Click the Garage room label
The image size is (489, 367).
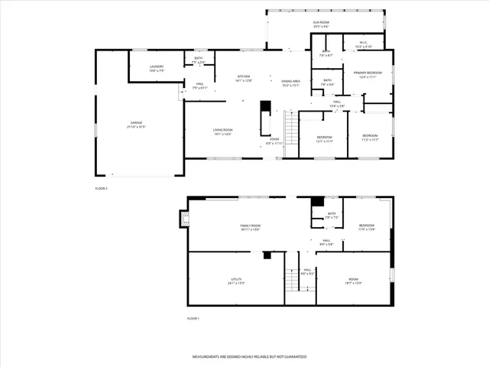136,122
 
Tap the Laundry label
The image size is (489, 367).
156,67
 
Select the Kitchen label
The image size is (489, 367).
243,76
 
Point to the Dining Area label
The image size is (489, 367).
290,81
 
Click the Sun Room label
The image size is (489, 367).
299,23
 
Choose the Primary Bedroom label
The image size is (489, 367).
367,73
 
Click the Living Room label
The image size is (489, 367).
222,130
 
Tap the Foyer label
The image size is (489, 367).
274,139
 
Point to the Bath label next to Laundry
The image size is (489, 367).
198,58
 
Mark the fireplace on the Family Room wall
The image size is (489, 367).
183,220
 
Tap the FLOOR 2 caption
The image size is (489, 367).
102,188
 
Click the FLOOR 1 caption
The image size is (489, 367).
194,318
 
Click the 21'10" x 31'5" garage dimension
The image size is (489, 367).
136,127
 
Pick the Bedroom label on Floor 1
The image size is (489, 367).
367,226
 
